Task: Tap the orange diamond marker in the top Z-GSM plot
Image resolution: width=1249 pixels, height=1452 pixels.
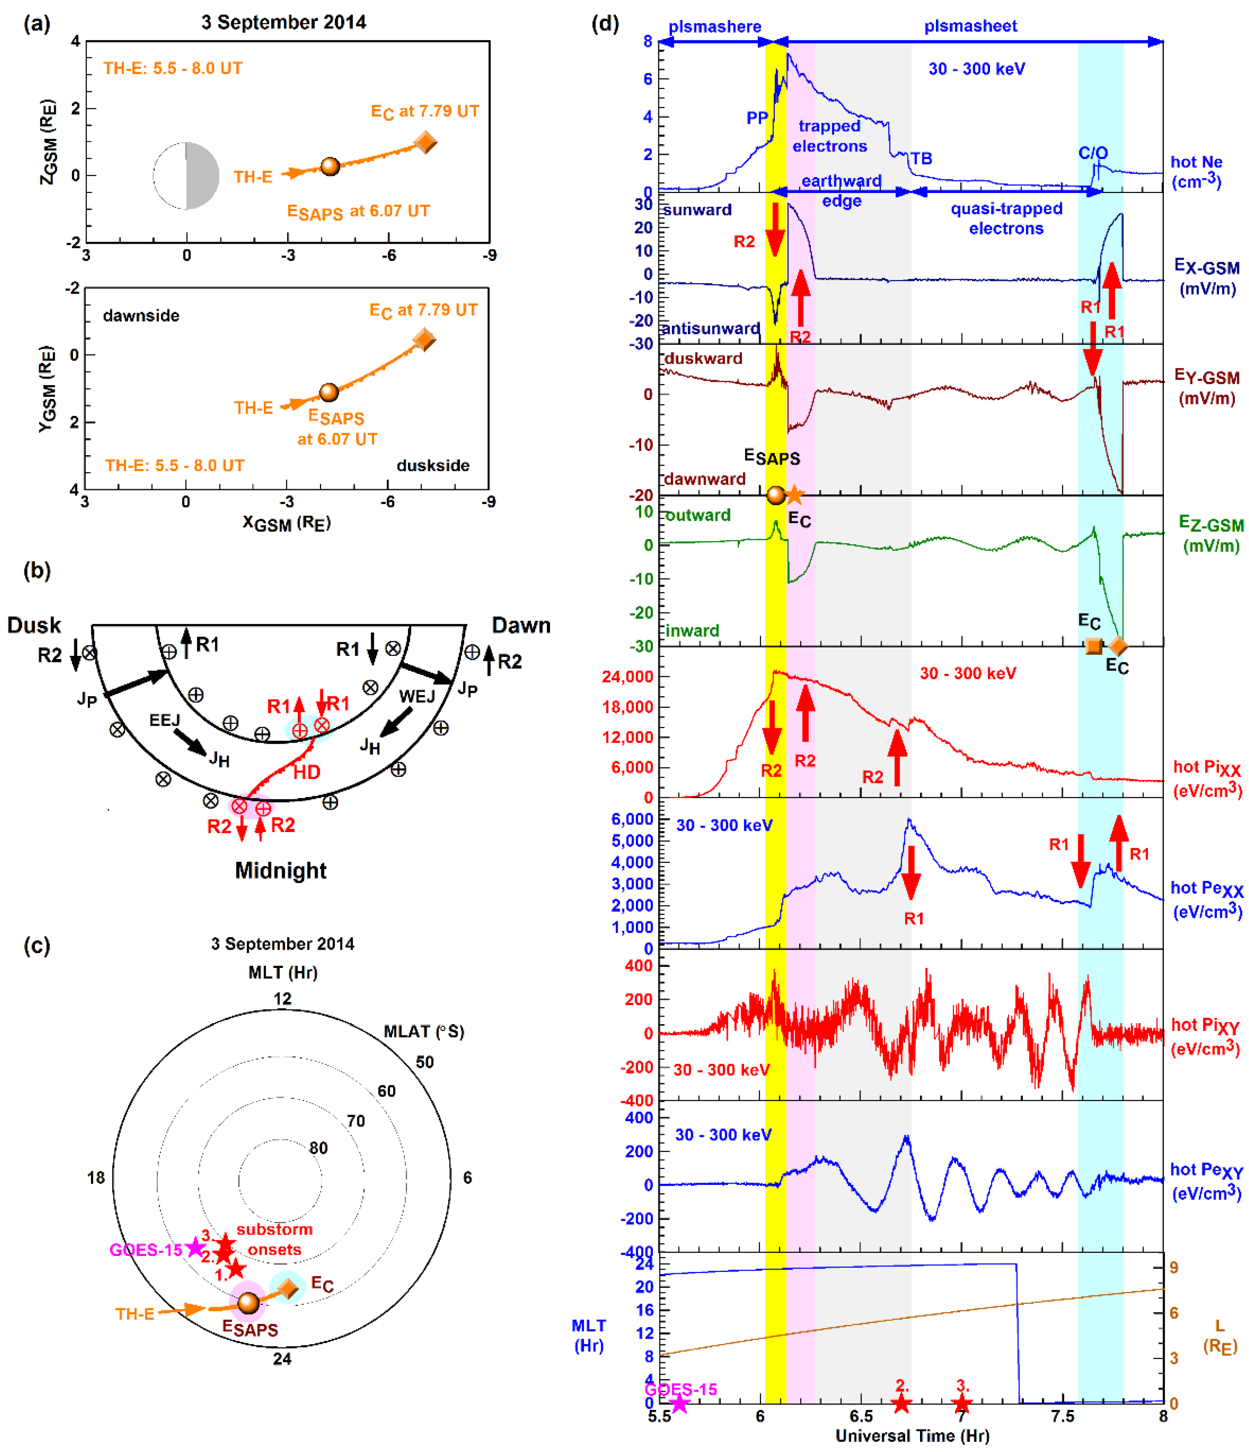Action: point(425,142)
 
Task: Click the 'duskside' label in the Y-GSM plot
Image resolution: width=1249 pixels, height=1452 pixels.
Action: point(432,465)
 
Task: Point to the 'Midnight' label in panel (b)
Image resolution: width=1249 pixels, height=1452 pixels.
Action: point(281,870)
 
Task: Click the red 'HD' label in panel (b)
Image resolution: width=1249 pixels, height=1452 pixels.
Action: point(306,772)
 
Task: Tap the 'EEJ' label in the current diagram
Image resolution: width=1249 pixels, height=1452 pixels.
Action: point(165,720)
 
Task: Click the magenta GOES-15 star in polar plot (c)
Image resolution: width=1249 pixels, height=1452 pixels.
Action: point(195,1247)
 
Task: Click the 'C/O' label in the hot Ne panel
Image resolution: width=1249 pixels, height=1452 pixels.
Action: point(1093,153)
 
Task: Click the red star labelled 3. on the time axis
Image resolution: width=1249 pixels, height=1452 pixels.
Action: point(961,1404)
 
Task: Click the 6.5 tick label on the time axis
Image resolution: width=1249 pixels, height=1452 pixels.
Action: point(861,1416)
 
